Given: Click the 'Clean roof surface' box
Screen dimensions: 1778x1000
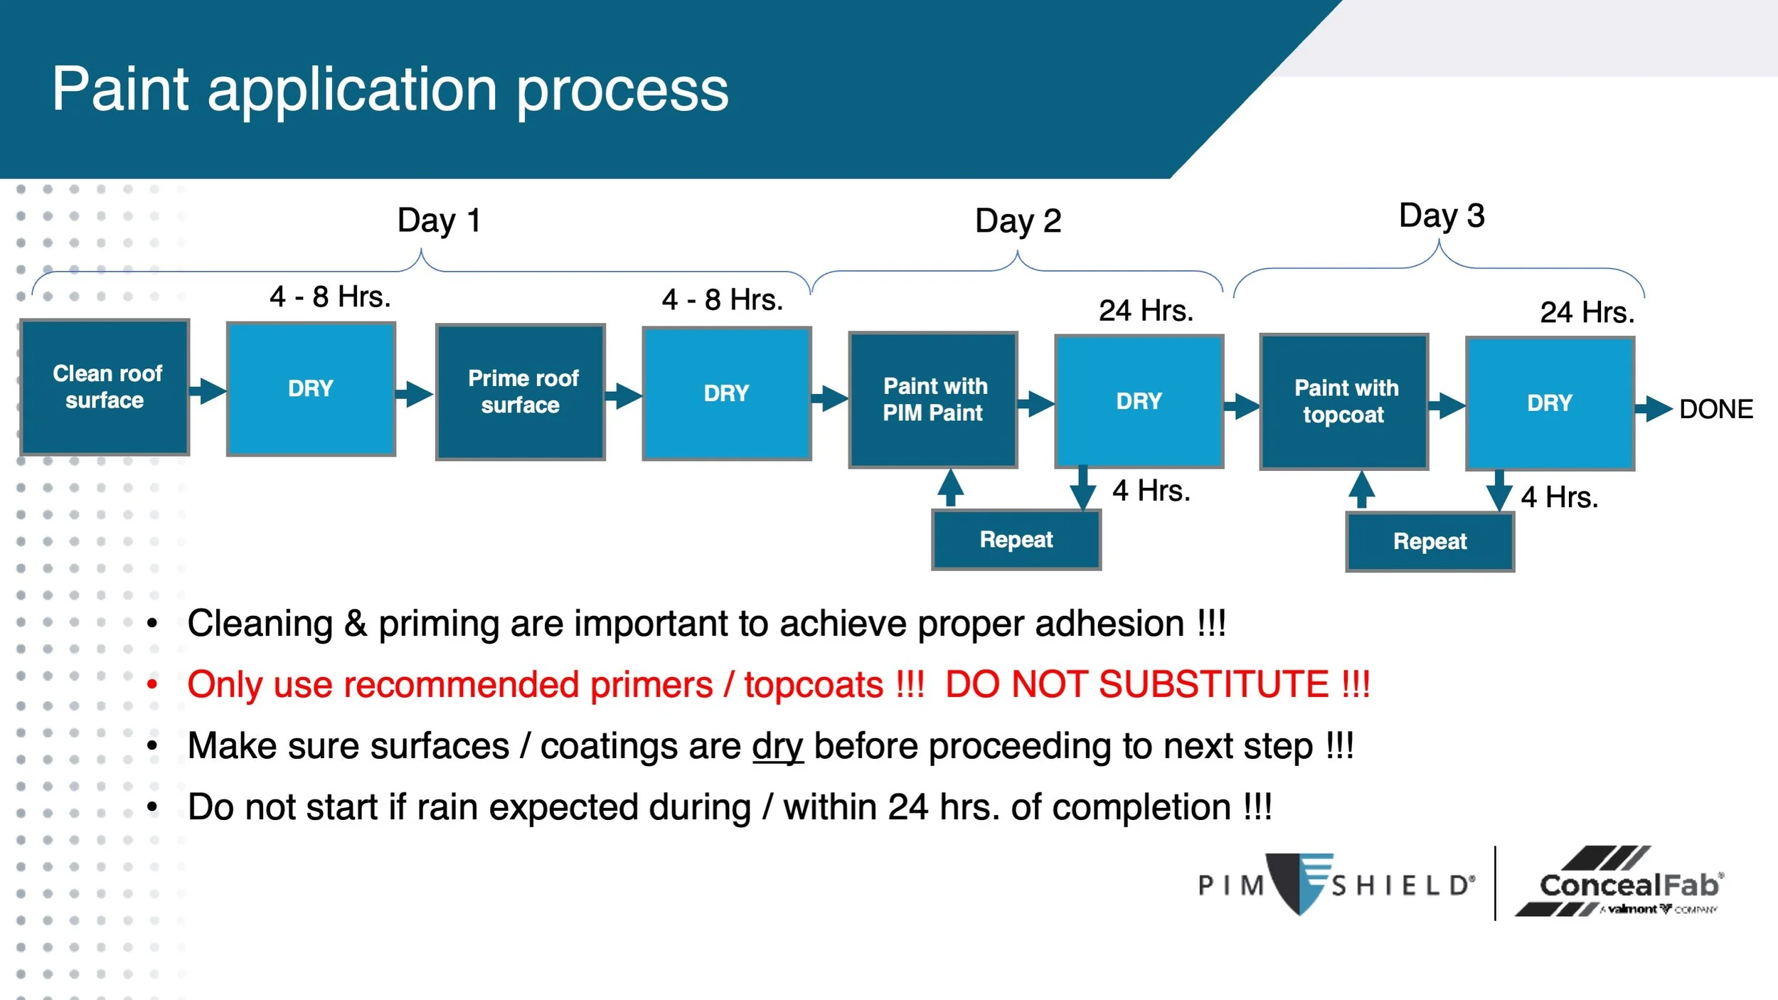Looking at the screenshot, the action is [105, 387].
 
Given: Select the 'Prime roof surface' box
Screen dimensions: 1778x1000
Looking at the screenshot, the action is [521, 392].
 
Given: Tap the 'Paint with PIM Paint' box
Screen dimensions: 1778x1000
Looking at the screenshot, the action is [933, 400].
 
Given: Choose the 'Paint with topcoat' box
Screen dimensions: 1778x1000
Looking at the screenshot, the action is [1344, 401].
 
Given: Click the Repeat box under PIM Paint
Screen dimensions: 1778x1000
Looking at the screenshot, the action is [1016, 540].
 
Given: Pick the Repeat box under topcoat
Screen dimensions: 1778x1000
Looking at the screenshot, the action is [1430, 542].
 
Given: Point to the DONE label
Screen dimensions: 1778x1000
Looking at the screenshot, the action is [1716, 410].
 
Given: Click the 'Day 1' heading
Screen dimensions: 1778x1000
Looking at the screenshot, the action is [440, 220].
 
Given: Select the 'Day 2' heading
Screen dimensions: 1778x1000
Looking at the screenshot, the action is [1018, 221].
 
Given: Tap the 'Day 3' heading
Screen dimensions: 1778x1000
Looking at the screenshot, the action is [1442, 216].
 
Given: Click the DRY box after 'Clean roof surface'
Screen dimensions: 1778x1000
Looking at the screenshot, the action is [311, 389].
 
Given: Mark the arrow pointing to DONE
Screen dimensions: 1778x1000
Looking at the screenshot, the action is [1654, 409].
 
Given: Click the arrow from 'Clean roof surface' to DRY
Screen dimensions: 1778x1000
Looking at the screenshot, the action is [208, 390].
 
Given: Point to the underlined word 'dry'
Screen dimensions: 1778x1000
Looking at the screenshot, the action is [778, 748].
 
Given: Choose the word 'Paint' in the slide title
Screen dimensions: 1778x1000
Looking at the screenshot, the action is [120, 90].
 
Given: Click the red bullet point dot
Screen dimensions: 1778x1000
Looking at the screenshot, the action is [152, 685].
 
